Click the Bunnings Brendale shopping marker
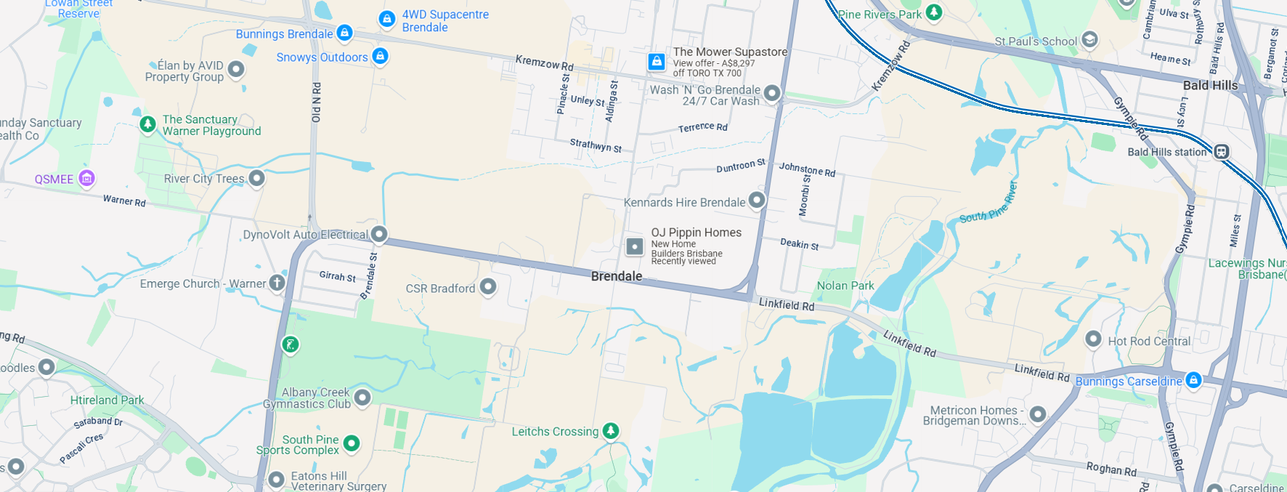click(345, 33)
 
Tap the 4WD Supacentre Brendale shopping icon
click(387, 19)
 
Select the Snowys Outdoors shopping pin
click(380, 56)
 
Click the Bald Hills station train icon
click(1222, 151)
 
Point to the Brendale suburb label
click(617, 276)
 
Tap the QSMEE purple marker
click(87, 178)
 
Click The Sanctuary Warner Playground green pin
click(148, 124)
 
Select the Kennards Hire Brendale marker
click(757, 200)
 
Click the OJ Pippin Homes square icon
click(635, 246)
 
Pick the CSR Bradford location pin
click(488, 287)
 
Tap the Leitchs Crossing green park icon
click(612, 430)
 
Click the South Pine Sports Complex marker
click(352, 443)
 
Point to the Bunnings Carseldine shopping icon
click(1193, 379)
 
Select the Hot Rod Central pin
click(1093, 339)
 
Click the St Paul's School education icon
click(1089, 39)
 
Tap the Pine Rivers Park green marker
click(934, 12)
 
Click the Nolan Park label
click(845, 286)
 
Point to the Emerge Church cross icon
click(277, 283)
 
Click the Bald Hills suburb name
click(1210, 85)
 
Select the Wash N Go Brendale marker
click(772, 93)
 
